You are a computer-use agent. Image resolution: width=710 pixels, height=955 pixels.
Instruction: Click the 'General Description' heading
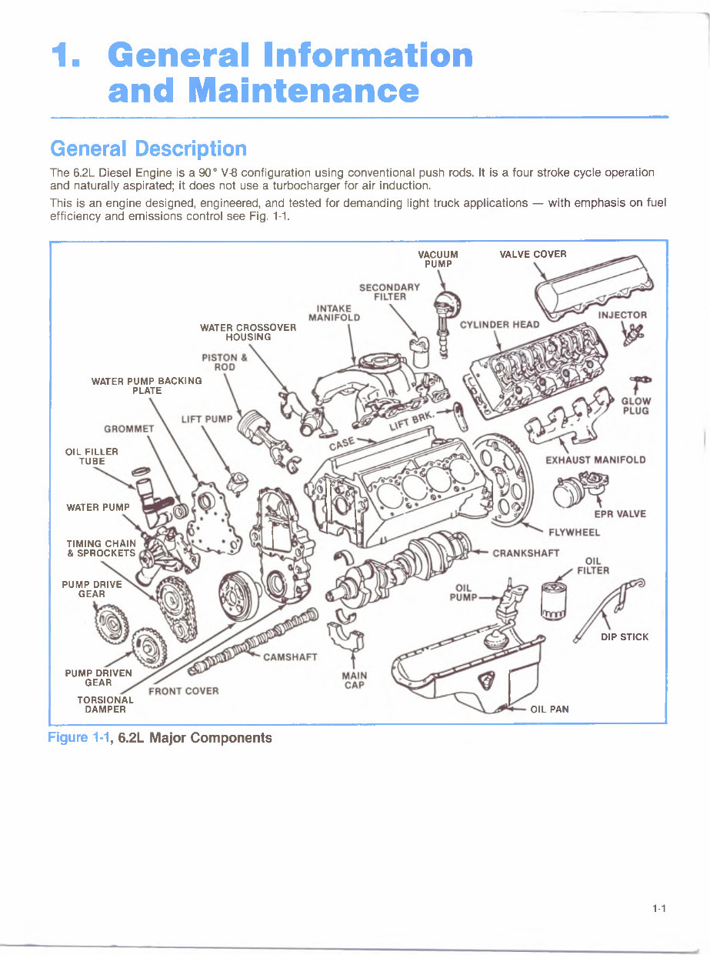pos(148,149)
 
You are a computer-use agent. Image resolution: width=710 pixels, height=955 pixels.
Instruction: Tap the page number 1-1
pos(658,909)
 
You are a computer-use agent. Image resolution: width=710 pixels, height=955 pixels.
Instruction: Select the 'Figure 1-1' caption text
pos(159,738)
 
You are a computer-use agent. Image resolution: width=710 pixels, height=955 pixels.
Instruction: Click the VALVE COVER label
pos(532,255)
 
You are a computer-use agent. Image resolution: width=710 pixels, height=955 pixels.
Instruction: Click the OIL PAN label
pos(549,709)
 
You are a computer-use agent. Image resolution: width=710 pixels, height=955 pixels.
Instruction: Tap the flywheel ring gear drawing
pos(501,478)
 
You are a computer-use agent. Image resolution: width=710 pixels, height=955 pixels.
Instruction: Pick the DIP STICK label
pos(624,637)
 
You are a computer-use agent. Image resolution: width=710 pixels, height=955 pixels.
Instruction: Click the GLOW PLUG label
pos(635,406)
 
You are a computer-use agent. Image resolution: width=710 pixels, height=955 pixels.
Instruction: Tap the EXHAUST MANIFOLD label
pos(595,460)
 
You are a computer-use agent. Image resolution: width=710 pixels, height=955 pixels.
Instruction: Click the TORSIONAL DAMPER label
pos(105,704)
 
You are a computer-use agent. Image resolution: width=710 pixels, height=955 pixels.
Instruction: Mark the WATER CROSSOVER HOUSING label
pos(248,332)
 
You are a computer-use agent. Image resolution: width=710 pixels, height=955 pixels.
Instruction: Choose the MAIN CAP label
pos(354,680)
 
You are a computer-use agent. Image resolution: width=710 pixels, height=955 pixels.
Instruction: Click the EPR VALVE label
pos(619,514)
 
